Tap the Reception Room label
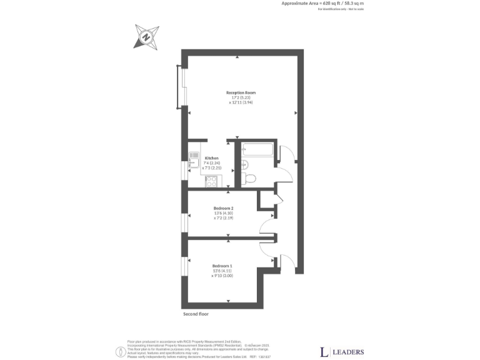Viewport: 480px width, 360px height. (241, 92)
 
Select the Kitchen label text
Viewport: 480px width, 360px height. (211, 159)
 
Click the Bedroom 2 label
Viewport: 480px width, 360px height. (223, 207)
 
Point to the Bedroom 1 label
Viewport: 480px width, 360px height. (222, 266)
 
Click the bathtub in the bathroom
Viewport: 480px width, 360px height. (257, 150)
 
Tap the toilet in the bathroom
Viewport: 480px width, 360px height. (250, 178)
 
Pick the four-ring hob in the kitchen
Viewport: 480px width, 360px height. (211, 181)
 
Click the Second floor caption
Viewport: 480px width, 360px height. (196, 314)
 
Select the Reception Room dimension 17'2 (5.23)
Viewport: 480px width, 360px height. (241, 97)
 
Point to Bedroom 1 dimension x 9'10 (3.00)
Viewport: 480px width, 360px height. (222, 276)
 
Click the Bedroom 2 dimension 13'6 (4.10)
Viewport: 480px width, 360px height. (223, 213)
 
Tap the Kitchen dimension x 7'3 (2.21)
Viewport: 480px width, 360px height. (212, 169)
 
